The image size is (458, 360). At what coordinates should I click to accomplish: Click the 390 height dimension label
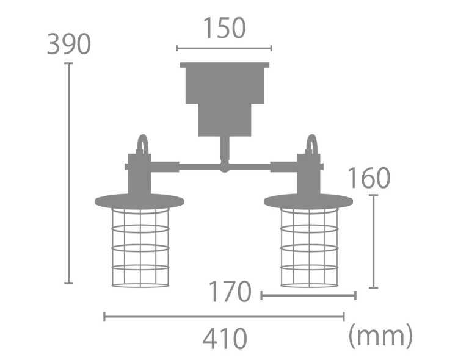[69, 44]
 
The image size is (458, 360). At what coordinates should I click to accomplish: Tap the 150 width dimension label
[224, 27]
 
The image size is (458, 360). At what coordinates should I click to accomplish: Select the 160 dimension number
[369, 178]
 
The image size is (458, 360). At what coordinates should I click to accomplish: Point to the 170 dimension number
[230, 292]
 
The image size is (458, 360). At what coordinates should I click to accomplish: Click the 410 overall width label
[225, 339]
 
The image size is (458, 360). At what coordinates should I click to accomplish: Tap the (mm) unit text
[380, 336]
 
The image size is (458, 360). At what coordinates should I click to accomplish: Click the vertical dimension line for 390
[68, 173]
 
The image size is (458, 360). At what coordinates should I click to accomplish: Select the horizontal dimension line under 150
[224, 48]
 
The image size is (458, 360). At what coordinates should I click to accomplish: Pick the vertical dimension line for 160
[374, 241]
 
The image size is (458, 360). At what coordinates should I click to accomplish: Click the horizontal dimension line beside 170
[308, 295]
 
